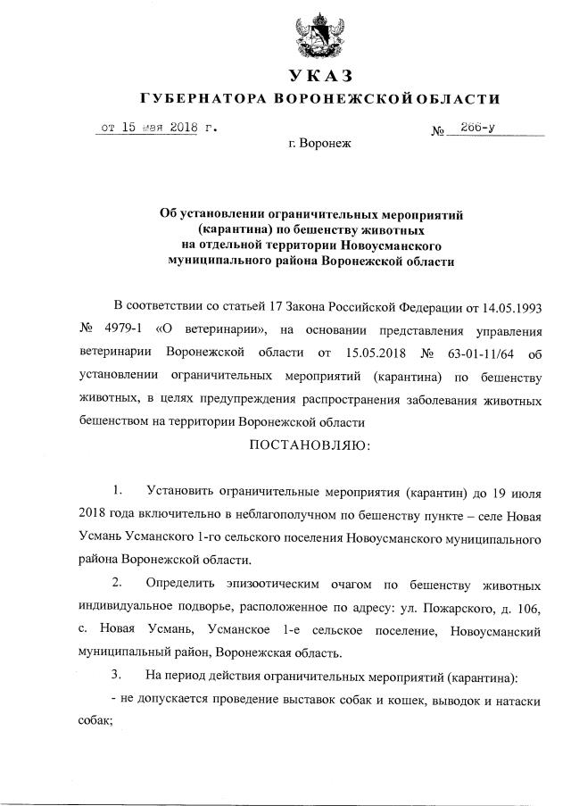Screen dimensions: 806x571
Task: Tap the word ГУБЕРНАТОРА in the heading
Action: pyautogui.click(x=198, y=97)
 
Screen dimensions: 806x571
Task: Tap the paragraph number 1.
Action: pyautogui.click(x=116, y=493)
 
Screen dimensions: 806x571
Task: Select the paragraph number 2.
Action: pyautogui.click(x=116, y=586)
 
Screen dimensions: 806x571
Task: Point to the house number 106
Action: pyautogui.click(x=526, y=609)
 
